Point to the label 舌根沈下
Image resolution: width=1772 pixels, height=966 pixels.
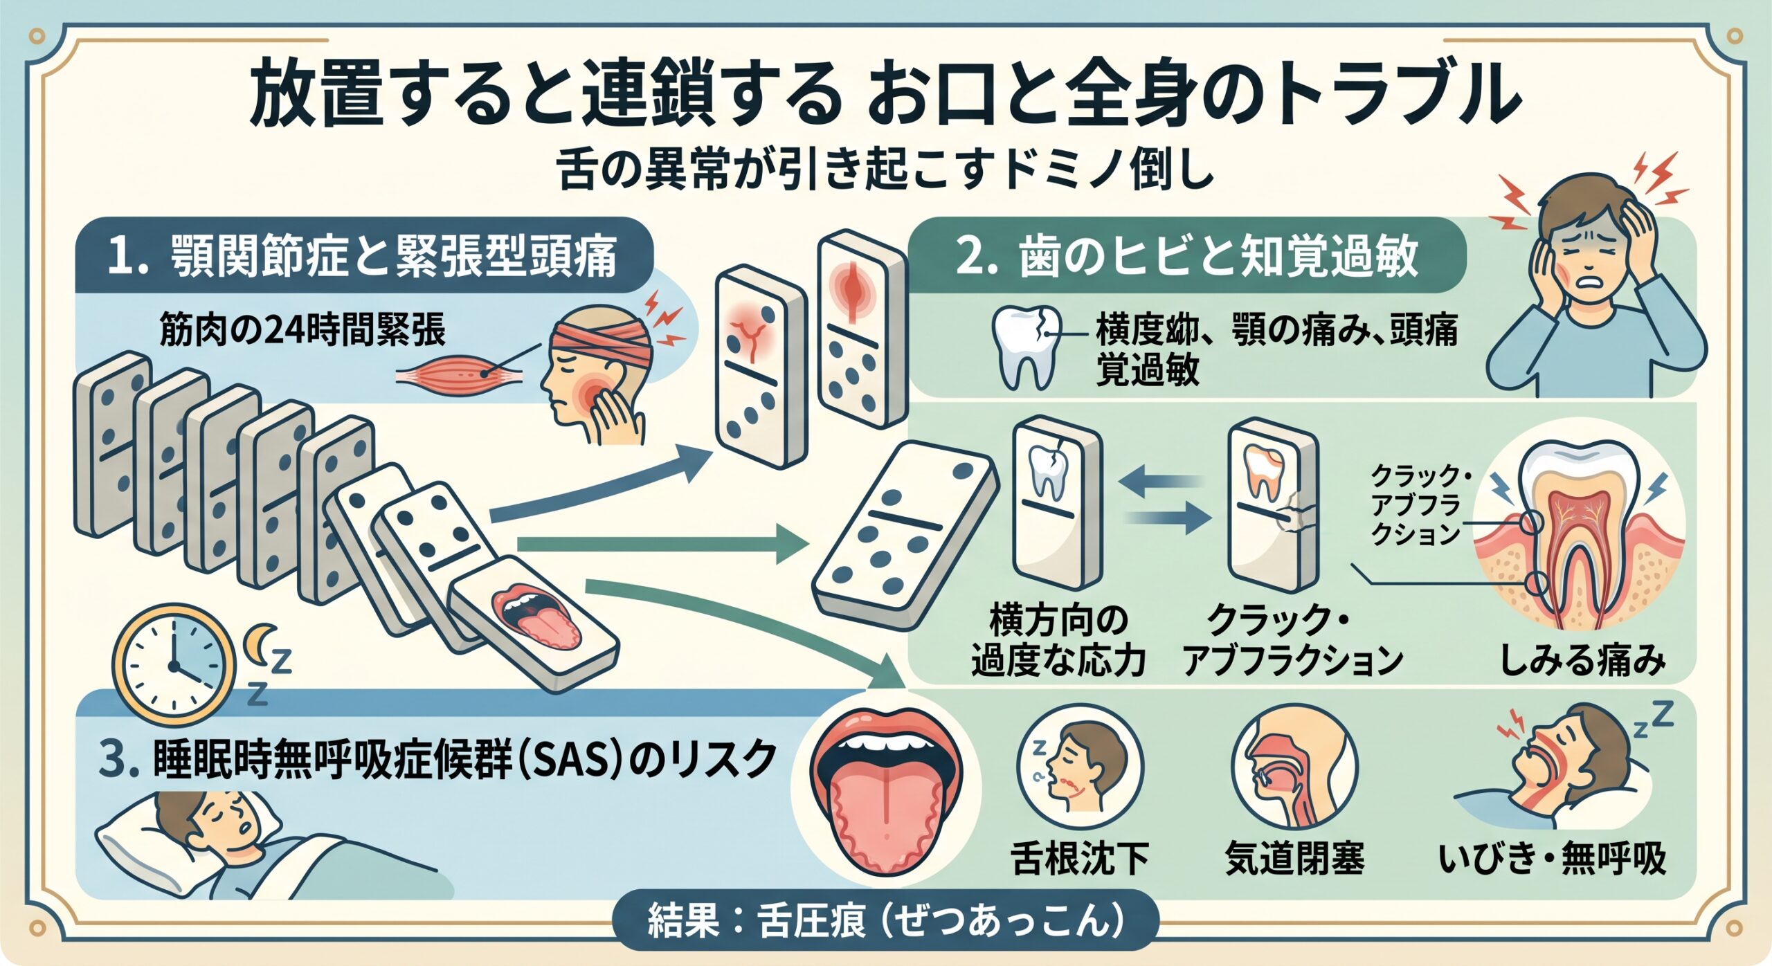[1081, 859]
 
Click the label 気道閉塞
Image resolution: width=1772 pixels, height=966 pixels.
[1294, 859]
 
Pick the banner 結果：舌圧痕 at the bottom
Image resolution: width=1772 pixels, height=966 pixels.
[886, 920]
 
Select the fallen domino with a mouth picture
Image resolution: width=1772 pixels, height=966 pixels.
[534, 623]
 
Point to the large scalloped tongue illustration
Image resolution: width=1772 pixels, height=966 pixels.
[887, 792]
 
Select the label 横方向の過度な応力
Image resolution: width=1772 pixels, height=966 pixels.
[1058, 639]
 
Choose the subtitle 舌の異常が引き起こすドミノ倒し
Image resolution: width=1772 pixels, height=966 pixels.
[886, 170]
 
